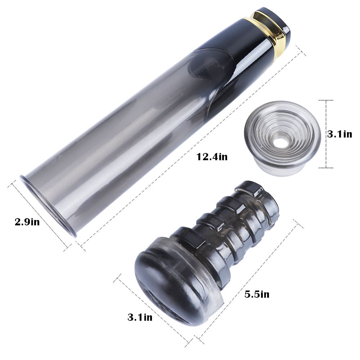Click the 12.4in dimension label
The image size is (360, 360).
212,157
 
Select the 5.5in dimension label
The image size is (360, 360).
257,294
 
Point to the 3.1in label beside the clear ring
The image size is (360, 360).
339,134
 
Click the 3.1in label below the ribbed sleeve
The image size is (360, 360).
140,317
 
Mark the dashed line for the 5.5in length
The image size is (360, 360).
248,281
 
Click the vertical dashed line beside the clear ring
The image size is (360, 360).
326,134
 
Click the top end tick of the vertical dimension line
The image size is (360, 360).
326,100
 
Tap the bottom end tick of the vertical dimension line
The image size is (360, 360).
326,168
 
